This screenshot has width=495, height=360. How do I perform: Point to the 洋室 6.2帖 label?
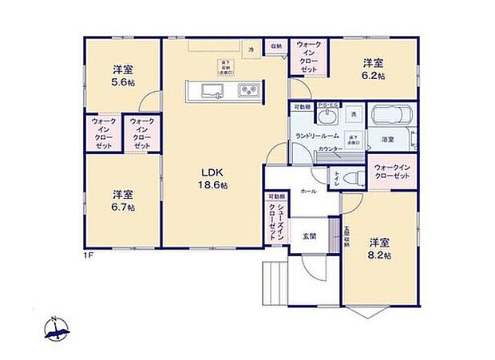click(374, 68)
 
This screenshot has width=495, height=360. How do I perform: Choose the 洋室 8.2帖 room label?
click(379, 247)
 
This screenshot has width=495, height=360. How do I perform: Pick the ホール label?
click(308, 192)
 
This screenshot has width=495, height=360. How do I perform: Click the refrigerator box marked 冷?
click(251, 49)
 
